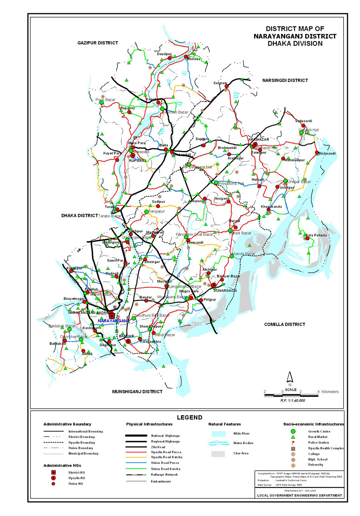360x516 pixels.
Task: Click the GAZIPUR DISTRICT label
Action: (x=98, y=43)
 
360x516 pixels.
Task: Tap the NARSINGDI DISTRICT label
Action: (x=285, y=80)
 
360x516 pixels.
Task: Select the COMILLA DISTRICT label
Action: (x=284, y=324)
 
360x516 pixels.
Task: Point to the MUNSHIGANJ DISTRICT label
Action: (x=137, y=392)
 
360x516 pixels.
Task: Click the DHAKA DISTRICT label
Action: (x=80, y=215)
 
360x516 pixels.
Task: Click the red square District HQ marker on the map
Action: (x=112, y=316)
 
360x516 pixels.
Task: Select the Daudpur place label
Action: (x=164, y=54)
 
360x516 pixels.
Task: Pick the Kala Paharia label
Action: (x=316, y=235)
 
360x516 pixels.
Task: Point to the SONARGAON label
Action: (x=225, y=290)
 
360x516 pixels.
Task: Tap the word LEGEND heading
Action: (x=190, y=417)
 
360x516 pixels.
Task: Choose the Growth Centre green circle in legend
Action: (x=293, y=431)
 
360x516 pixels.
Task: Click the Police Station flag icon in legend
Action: (x=293, y=442)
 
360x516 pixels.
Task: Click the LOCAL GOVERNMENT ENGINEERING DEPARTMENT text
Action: (x=300, y=495)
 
